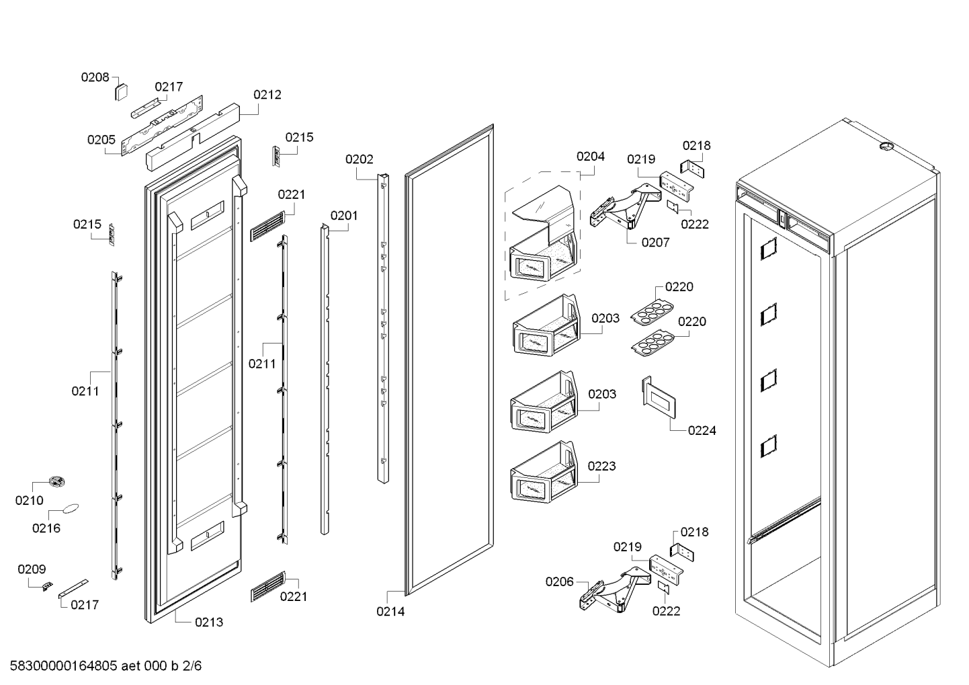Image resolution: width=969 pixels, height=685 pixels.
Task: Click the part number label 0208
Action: point(95,77)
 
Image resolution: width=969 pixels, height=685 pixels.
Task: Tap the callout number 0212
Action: point(267,95)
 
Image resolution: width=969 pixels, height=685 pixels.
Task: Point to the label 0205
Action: point(101,140)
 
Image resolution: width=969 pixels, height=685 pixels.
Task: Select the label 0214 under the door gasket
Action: point(390,612)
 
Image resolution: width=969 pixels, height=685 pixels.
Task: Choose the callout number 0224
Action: point(702,430)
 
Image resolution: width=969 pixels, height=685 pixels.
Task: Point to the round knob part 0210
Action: point(56,480)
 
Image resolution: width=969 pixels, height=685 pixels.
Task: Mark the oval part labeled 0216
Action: point(71,508)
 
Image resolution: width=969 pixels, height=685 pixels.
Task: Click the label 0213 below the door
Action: point(209,622)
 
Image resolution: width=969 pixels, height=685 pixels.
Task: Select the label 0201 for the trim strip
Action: point(343,216)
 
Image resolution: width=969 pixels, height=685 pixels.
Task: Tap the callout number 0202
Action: point(359,159)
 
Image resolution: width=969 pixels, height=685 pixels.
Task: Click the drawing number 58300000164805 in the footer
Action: point(64,666)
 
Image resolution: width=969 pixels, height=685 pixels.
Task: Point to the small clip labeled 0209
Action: point(46,586)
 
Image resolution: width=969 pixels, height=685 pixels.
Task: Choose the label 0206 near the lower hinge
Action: point(559,581)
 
